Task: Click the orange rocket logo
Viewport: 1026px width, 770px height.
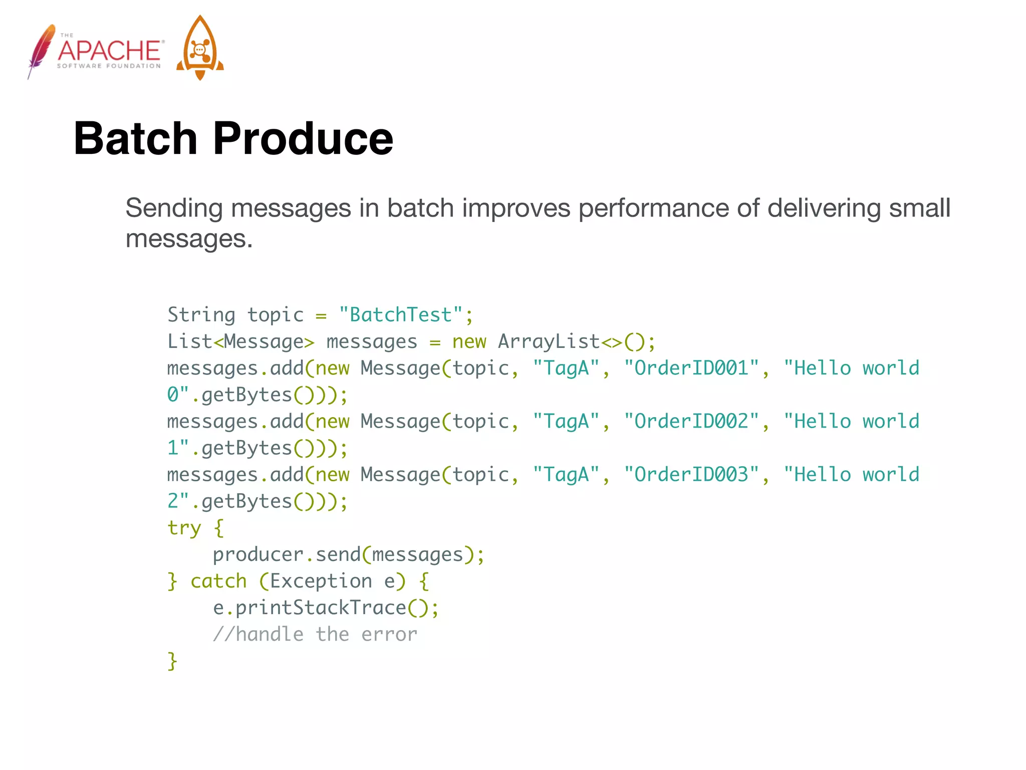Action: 200,49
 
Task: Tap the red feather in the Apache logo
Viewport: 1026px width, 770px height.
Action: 41,50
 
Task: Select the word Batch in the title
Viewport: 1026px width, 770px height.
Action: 136,139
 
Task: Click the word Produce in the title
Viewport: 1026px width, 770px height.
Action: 303,139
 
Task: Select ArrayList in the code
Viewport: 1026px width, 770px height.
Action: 549,342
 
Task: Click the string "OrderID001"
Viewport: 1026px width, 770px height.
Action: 691,368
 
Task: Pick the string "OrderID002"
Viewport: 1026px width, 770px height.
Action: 691,422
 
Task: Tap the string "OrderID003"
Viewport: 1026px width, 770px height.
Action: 691,475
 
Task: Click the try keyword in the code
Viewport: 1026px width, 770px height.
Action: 184,528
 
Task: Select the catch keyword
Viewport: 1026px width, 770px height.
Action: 219,582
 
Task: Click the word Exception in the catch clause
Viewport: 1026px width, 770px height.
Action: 321,582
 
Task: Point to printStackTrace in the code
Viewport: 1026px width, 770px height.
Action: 321,608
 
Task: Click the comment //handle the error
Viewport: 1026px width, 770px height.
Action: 315,635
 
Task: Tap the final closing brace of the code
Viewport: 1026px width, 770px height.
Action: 172,661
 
